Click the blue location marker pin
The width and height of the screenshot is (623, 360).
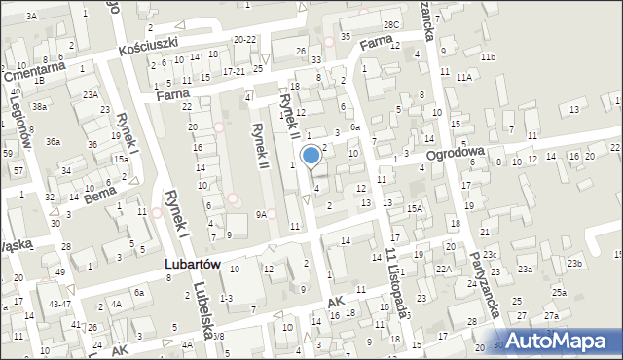(x=311, y=156)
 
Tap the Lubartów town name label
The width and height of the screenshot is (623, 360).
(x=191, y=265)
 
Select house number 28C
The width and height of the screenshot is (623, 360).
(x=390, y=24)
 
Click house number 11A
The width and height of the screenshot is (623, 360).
(x=463, y=76)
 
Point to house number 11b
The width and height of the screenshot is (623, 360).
(x=487, y=58)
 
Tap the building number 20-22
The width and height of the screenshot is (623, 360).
(x=245, y=39)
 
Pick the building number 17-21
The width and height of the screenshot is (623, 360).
(x=235, y=72)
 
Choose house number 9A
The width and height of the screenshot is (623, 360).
(x=261, y=214)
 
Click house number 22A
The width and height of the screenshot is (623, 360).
(x=444, y=270)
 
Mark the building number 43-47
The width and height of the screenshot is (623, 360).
(x=59, y=305)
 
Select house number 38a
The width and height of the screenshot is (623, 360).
(x=39, y=106)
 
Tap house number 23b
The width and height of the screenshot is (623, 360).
(x=575, y=264)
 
